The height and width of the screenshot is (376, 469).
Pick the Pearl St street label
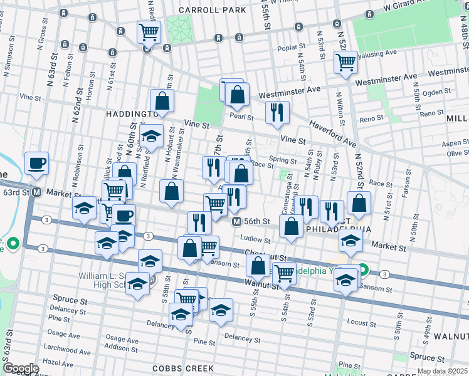241,117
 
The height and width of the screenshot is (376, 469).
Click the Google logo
21,368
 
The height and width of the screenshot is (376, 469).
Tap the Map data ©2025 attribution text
441,372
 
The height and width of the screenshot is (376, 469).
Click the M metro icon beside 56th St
236,221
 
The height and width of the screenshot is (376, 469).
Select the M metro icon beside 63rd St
37,192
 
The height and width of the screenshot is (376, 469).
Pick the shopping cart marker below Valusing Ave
345,63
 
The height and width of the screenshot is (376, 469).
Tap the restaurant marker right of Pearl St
277,113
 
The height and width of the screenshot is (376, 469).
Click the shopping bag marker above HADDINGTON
162,102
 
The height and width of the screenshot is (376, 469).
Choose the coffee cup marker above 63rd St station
36,164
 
